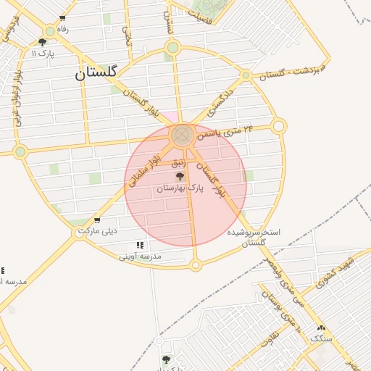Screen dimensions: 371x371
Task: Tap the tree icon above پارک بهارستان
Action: click(x=180, y=176)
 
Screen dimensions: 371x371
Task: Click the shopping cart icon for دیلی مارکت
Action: click(x=97, y=220)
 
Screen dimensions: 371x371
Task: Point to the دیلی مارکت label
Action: click(x=101, y=231)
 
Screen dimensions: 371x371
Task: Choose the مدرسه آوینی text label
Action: click(x=141, y=256)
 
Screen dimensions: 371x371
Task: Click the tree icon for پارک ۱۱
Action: click(x=43, y=42)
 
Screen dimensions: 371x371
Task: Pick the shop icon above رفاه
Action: click(x=62, y=18)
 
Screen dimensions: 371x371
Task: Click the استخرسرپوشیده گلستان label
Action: click(x=254, y=238)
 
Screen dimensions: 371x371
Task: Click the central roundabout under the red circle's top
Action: click(x=182, y=135)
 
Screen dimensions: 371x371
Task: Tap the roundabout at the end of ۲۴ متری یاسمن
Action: click(x=279, y=127)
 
